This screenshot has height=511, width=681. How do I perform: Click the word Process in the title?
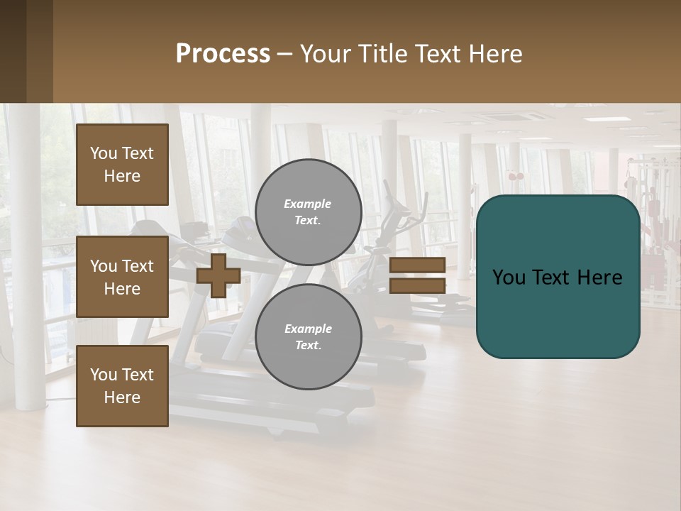[x=223, y=54]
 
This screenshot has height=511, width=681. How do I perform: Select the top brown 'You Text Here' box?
[x=122, y=165]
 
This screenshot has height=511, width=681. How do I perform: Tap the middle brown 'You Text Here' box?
[x=122, y=277]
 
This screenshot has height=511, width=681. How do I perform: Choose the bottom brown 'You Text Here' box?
[x=122, y=386]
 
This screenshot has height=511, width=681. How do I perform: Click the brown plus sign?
[x=218, y=275]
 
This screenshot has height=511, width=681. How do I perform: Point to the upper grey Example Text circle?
[x=308, y=212]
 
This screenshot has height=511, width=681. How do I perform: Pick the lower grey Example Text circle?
[x=308, y=337]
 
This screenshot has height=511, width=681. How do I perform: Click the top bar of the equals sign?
[x=418, y=265]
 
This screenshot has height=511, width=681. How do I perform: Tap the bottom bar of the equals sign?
[x=418, y=285]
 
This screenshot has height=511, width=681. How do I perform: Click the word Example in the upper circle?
[x=308, y=204]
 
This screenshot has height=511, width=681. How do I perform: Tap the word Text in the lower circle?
[x=308, y=346]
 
